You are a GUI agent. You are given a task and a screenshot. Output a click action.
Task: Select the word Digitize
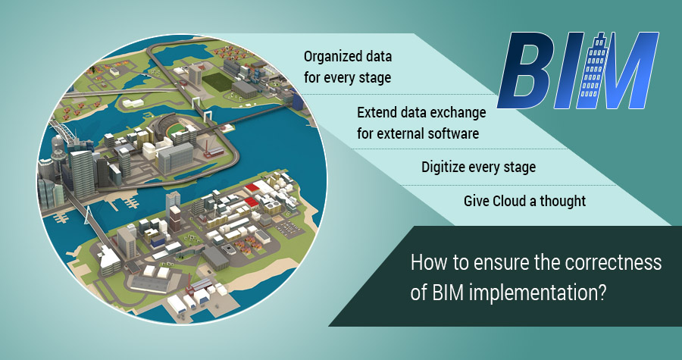[x=446, y=167]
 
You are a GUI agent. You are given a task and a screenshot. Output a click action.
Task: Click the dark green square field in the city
[x=214, y=80]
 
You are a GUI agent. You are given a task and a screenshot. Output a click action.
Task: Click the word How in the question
[x=427, y=265]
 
